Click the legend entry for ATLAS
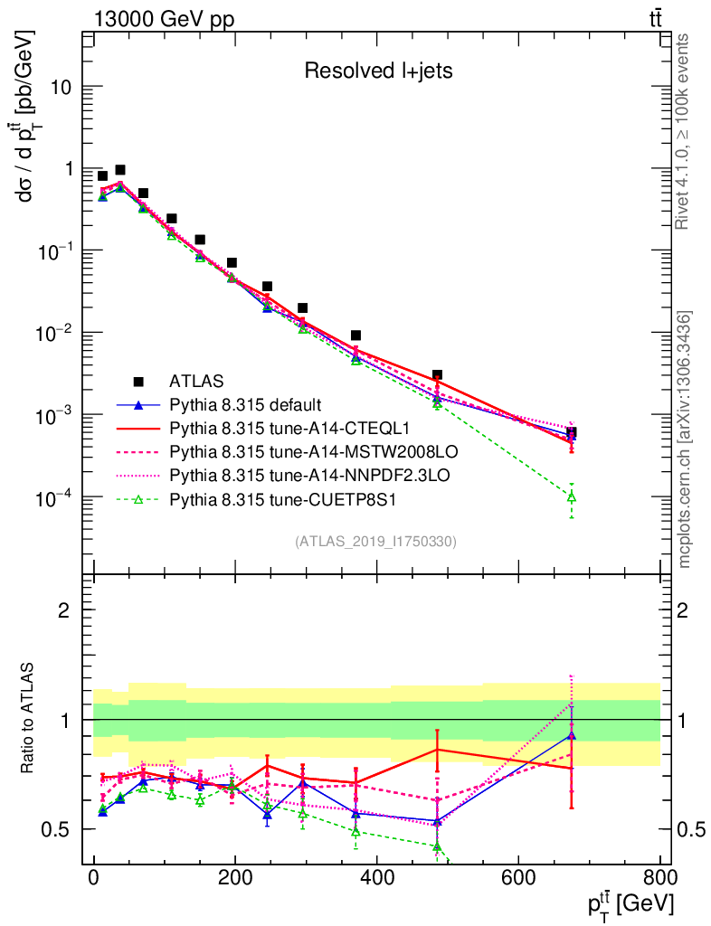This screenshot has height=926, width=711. tap(196, 381)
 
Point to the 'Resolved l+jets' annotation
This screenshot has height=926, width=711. tap(378, 71)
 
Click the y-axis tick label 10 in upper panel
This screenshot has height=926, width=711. tap(71, 87)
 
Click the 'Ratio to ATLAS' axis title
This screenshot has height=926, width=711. tap(30, 719)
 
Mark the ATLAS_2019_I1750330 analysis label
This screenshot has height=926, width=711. tap(375, 542)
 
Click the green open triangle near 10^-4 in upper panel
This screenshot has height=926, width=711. tap(571, 496)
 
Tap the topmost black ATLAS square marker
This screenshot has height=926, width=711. tap(119, 170)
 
